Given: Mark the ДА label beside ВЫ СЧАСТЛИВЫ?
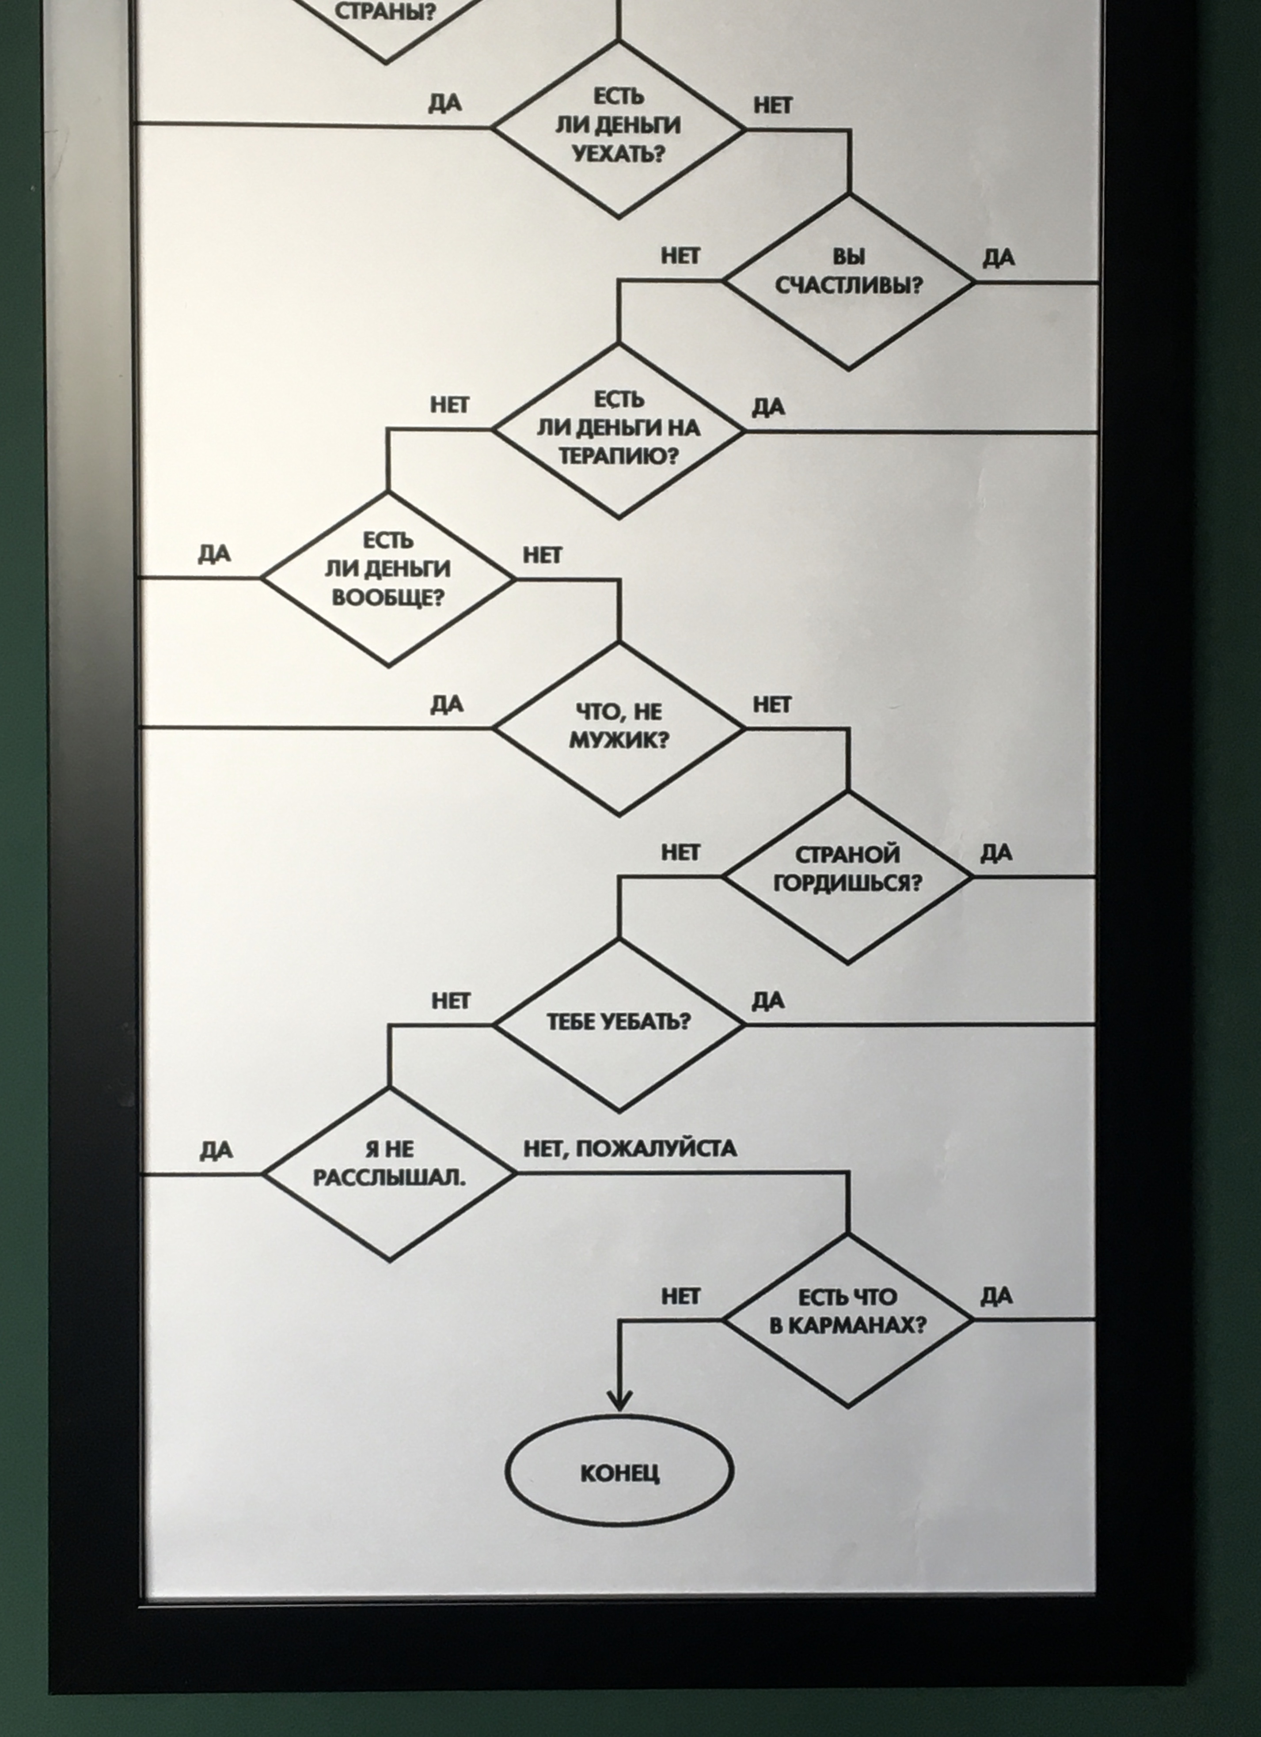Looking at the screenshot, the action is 999,258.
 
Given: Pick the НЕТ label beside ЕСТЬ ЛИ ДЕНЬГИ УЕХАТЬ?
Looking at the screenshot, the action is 772,106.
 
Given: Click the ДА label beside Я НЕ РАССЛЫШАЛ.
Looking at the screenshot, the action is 216,1150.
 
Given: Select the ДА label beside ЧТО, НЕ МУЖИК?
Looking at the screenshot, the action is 447,704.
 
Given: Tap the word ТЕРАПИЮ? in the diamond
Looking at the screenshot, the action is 618,457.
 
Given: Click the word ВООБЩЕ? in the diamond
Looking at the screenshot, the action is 387,598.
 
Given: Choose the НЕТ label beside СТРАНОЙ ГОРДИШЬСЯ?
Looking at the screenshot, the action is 680,852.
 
